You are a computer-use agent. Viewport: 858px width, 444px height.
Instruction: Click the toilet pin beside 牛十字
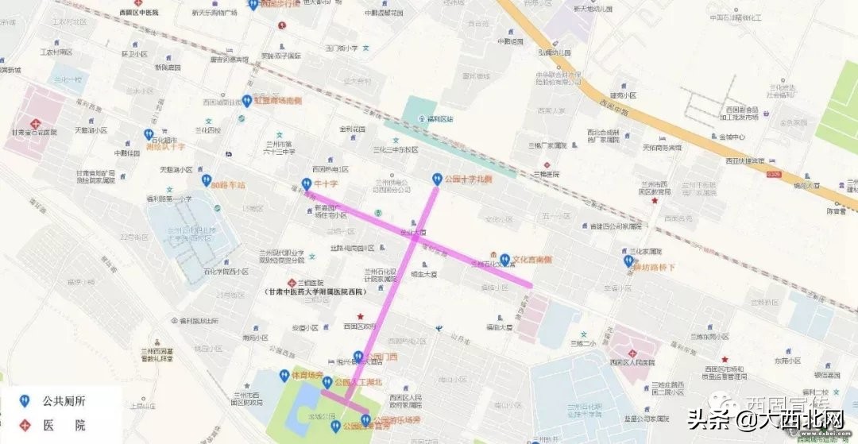(306, 183)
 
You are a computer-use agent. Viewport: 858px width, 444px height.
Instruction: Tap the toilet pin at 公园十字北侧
(435, 179)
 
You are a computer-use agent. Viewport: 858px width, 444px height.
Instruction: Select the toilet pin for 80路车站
(206, 182)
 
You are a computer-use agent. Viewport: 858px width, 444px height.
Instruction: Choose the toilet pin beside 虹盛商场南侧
(246, 101)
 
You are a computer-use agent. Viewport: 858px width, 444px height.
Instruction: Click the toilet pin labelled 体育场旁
(283, 375)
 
